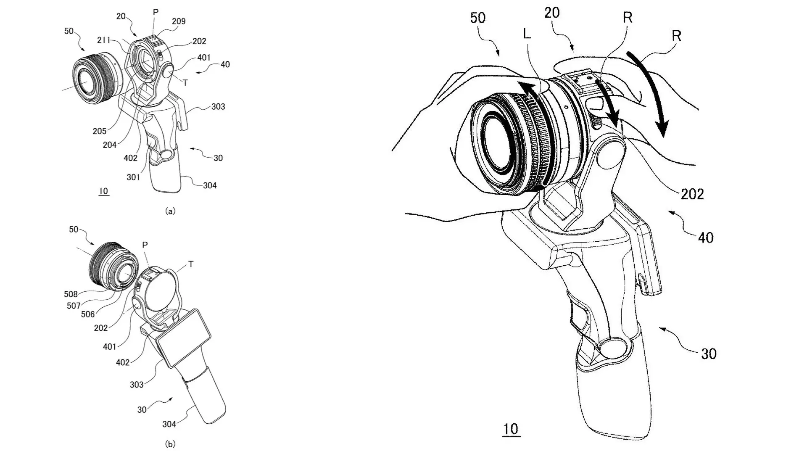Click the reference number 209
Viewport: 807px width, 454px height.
click(179, 21)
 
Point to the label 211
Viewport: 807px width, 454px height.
click(104, 40)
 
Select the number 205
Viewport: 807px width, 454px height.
click(100, 131)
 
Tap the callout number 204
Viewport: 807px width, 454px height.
click(110, 145)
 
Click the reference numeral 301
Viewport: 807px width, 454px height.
click(133, 177)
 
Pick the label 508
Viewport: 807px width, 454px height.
click(71, 294)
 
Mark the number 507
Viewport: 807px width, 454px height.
click(74, 306)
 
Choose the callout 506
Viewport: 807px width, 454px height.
click(88, 314)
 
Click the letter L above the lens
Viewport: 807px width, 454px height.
click(527, 33)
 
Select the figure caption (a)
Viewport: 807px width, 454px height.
click(171, 211)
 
